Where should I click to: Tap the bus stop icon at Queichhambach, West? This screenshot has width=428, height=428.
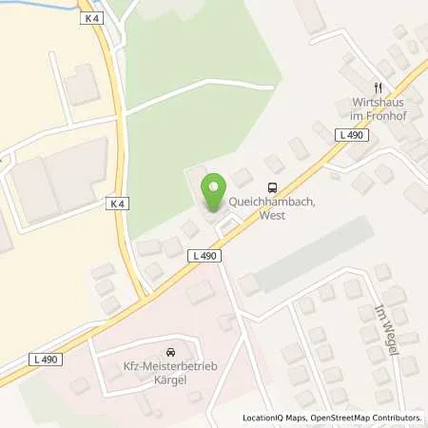[273, 186]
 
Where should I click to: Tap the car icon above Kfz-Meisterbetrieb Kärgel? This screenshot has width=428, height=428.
[170, 351]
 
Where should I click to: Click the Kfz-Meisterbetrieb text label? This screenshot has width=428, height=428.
[170, 367]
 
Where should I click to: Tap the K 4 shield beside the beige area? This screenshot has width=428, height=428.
[116, 203]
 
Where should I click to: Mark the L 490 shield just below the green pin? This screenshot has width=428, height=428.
[204, 255]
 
